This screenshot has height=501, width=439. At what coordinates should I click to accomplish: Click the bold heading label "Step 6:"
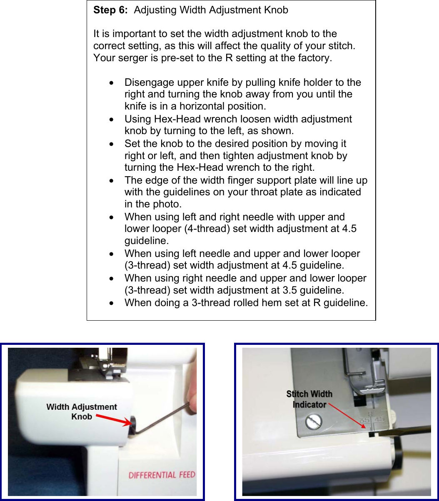pyautogui.click(x=110, y=10)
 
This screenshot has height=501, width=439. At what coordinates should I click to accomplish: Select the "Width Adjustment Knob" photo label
pyautogui.click(x=82, y=411)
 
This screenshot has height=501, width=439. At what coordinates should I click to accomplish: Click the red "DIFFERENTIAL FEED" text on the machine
pyautogui.click(x=162, y=475)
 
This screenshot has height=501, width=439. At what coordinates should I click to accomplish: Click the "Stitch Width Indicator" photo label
pyautogui.click(x=309, y=399)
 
